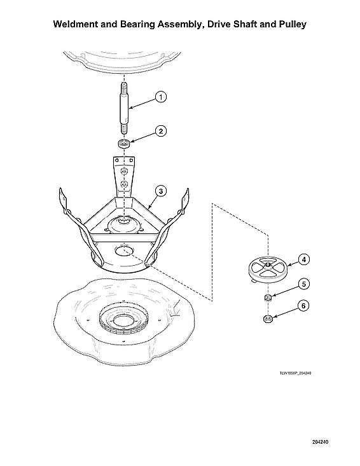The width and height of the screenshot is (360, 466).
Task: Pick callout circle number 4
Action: point(304,259)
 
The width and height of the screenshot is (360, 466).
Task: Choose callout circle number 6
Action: point(304,306)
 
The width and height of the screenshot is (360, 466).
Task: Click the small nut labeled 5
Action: point(268,297)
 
